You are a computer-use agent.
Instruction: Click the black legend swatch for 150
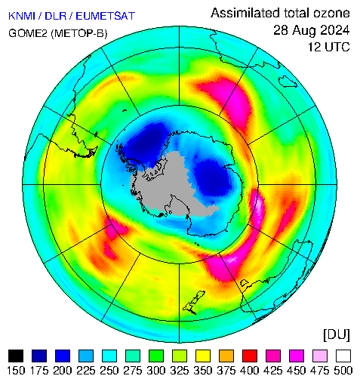(16, 356)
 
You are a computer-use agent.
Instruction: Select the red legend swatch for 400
(250, 356)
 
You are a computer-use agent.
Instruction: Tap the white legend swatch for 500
(343, 356)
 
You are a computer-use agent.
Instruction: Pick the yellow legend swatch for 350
(203, 356)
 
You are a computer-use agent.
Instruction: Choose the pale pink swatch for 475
(320, 356)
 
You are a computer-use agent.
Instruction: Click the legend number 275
(133, 371)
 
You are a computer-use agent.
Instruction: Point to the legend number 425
(273, 371)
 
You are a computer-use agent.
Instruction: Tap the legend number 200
(63, 371)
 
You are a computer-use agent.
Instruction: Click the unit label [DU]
(337, 334)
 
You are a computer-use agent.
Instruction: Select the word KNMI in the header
(22, 16)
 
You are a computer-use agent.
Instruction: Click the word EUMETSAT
(106, 16)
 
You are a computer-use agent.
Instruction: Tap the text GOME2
(28, 33)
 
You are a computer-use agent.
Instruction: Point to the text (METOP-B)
(79, 33)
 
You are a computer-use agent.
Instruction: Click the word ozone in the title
(331, 13)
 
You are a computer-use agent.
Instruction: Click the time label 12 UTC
(329, 47)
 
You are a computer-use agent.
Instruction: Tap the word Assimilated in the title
(245, 13)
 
